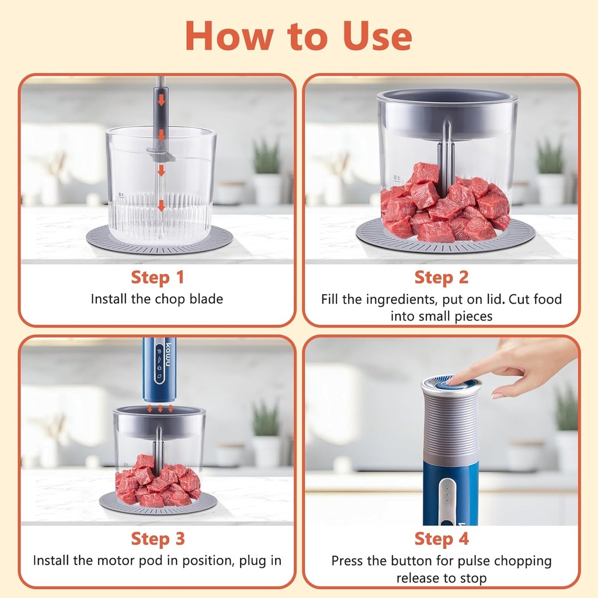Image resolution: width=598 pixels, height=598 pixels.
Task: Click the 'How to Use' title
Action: point(298,36)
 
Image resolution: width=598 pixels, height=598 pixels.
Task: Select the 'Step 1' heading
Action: point(158,277)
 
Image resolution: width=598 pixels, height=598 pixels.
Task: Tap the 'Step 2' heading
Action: point(441,277)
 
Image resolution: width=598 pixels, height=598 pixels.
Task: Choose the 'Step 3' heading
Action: point(158,538)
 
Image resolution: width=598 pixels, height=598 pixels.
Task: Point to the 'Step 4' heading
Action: point(441,538)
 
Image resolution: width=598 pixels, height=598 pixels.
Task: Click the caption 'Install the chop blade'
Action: point(157,299)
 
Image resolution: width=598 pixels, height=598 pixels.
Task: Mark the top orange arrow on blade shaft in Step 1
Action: point(161,100)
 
